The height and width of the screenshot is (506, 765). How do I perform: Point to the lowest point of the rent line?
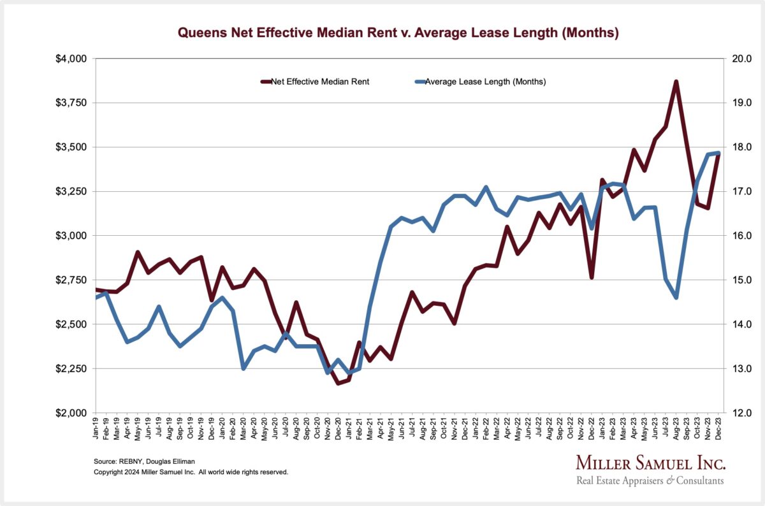point(338,383)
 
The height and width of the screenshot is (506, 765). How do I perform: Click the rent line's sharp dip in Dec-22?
point(592,277)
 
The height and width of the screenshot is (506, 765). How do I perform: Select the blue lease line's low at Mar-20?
point(244,368)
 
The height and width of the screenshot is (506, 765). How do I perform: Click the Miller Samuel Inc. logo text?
point(650,463)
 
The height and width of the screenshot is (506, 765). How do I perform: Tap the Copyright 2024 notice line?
point(191,472)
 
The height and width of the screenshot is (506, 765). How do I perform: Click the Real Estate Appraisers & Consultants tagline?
point(650,481)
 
